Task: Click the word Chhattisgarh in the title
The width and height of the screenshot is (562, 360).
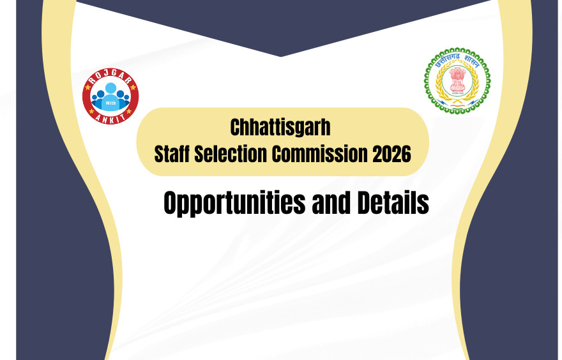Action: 280,128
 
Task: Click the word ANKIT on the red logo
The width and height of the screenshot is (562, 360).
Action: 110,119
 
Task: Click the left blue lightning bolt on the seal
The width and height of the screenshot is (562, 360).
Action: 441,82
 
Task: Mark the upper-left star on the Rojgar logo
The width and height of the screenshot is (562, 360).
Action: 90,81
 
